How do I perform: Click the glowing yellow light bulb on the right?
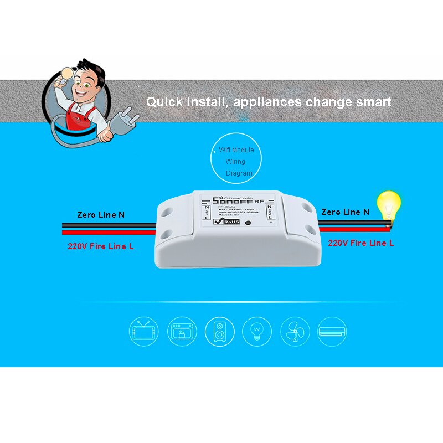[388, 206]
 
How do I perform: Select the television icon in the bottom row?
[144, 331]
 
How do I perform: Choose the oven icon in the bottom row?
[182, 331]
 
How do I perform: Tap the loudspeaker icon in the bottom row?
[219, 331]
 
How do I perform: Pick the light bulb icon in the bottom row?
[257, 331]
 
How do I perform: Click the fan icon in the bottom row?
[295, 331]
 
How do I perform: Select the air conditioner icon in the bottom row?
[332, 331]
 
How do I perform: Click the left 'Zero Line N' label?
[100, 214]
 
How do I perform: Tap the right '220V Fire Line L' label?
[361, 243]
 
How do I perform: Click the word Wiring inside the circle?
[235, 162]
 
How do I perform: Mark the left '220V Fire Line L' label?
[101, 246]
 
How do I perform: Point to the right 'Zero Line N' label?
[345, 212]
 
